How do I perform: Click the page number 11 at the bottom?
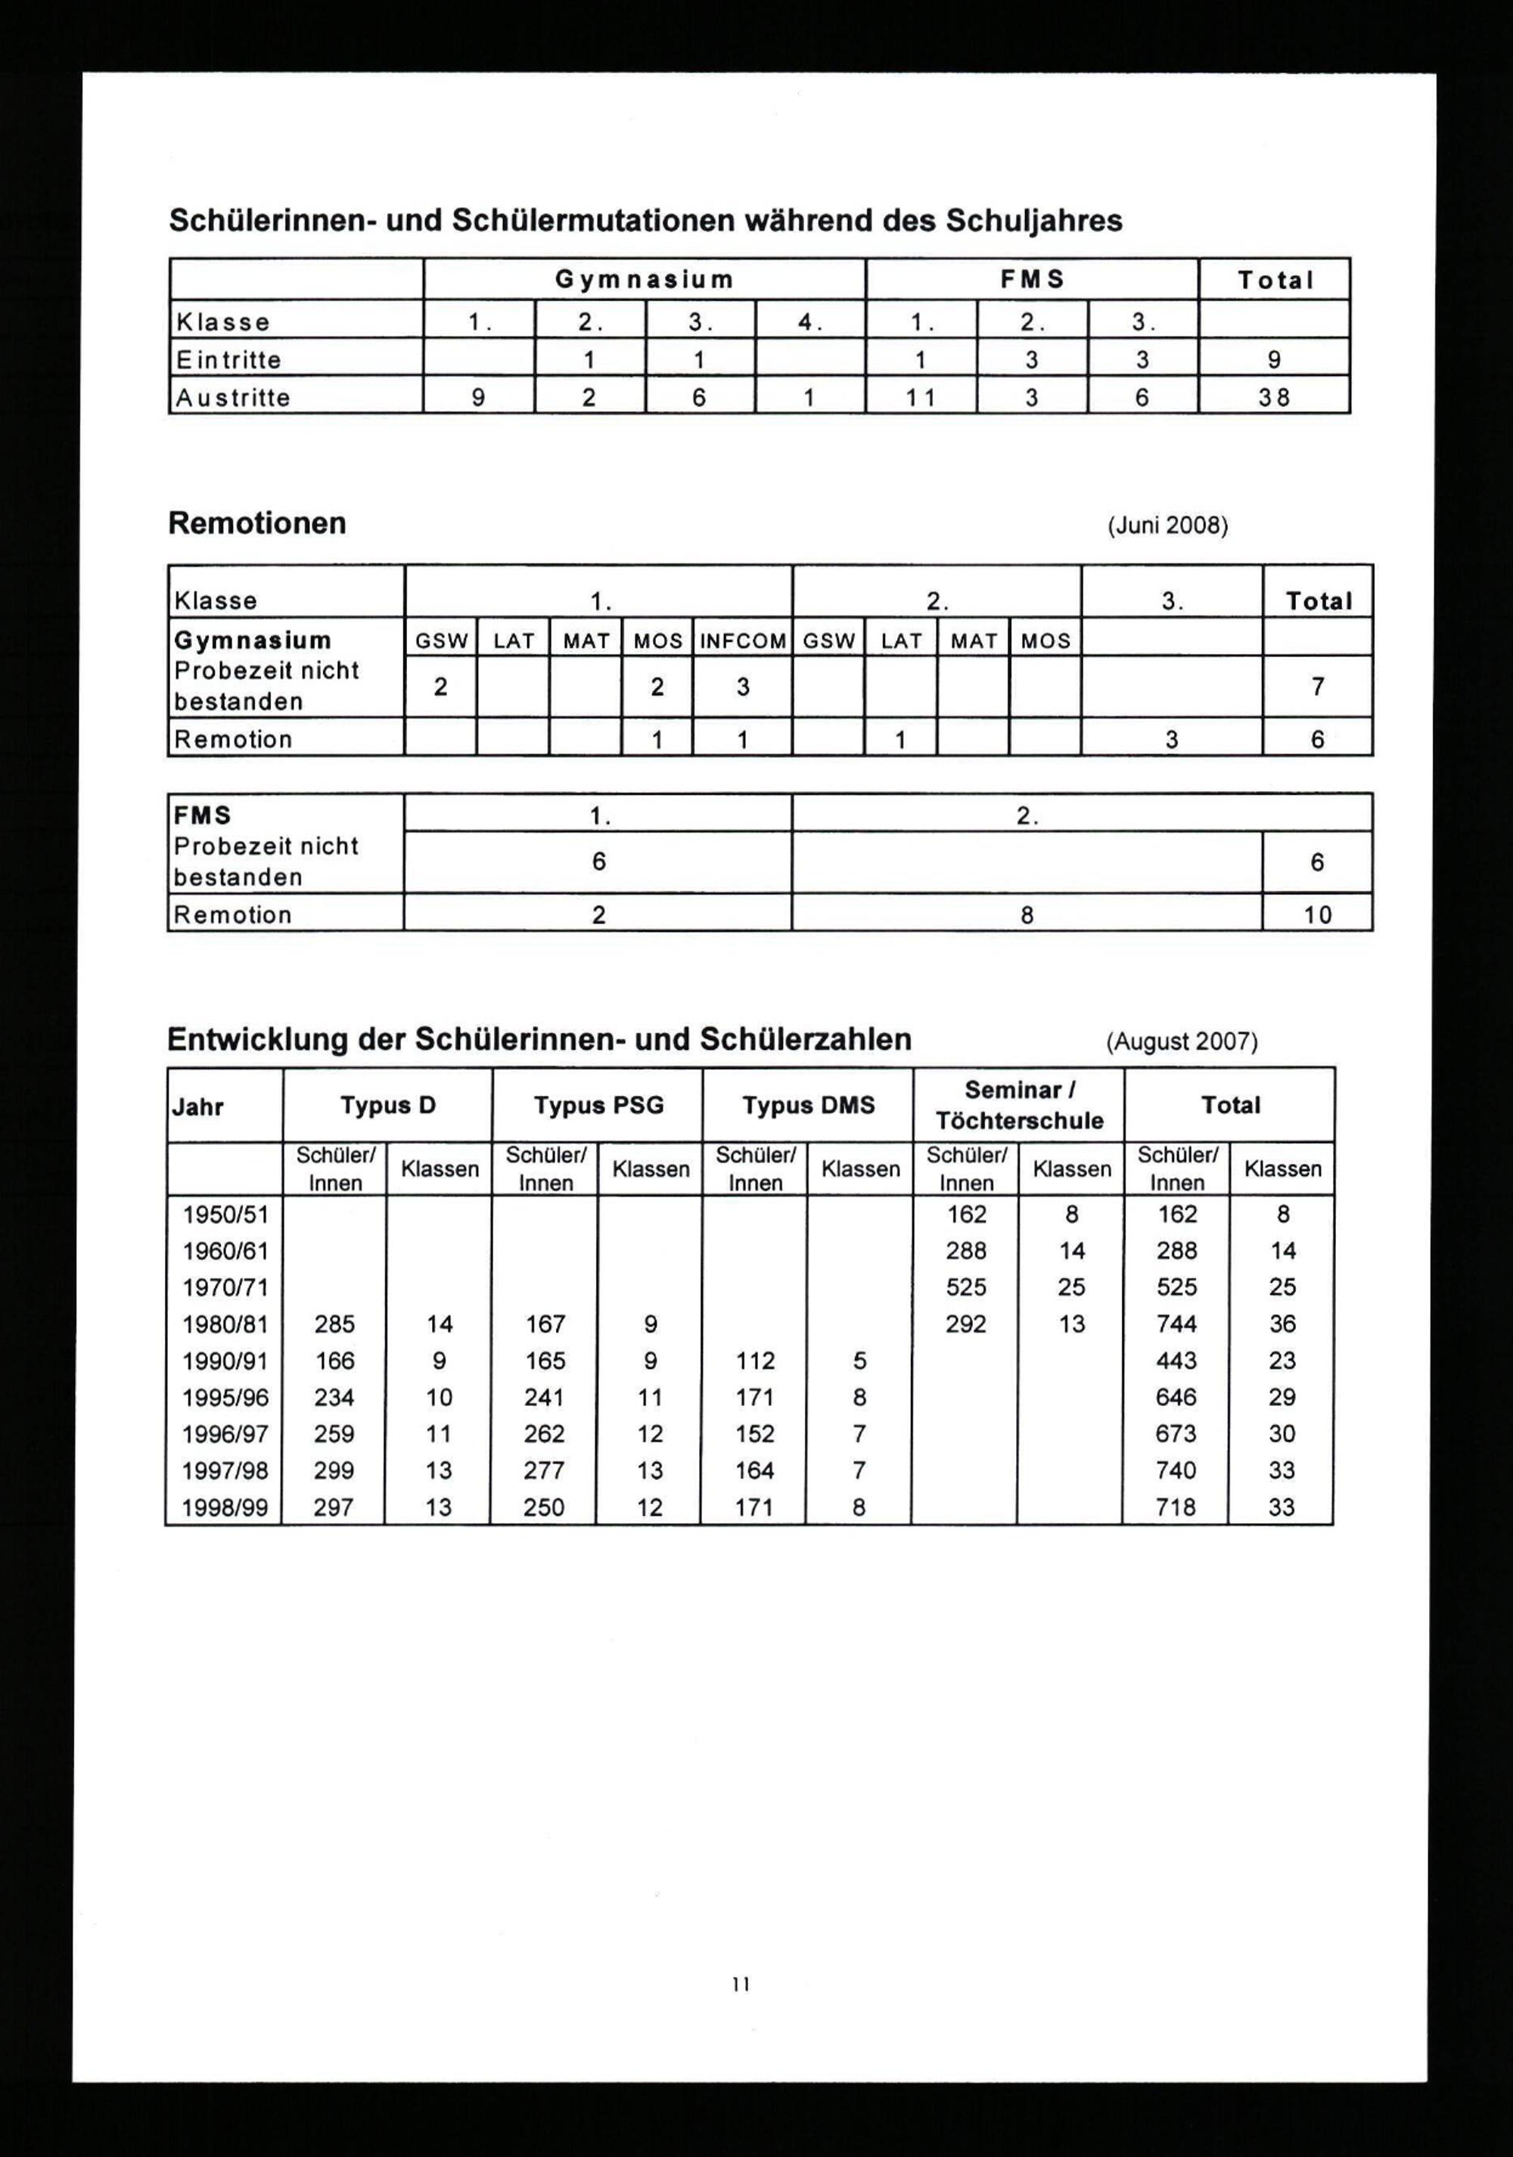(x=741, y=1984)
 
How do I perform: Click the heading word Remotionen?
(x=256, y=523)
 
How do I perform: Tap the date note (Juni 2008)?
(x=1167, y=525)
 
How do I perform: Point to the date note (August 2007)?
(x=1181, y=1042)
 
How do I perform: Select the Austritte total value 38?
(x=1274, y=397)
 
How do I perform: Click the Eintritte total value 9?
(x=1274, y=360)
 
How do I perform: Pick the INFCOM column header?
(x=742, y=641)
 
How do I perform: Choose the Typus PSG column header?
(x=598, y=1106)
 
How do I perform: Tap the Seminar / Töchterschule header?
(x=1019, y=1106)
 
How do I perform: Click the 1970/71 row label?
(x=225, y=1287)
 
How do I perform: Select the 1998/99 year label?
(x=225, y=1508)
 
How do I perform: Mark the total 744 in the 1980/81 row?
(x=1176, y=1324)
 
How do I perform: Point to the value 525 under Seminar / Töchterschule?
(x=966, y=1287)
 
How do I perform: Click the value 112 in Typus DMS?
(x=755, y=1361)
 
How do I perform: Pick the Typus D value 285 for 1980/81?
(x=334, y=1324)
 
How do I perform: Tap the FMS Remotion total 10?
(x=1318, y=915)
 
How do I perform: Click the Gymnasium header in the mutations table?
(x=644, y=280)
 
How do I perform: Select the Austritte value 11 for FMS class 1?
(x=920, y=397)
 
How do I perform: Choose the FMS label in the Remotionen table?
(x=203, y=815)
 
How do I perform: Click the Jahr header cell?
(x=198, y=1106)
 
